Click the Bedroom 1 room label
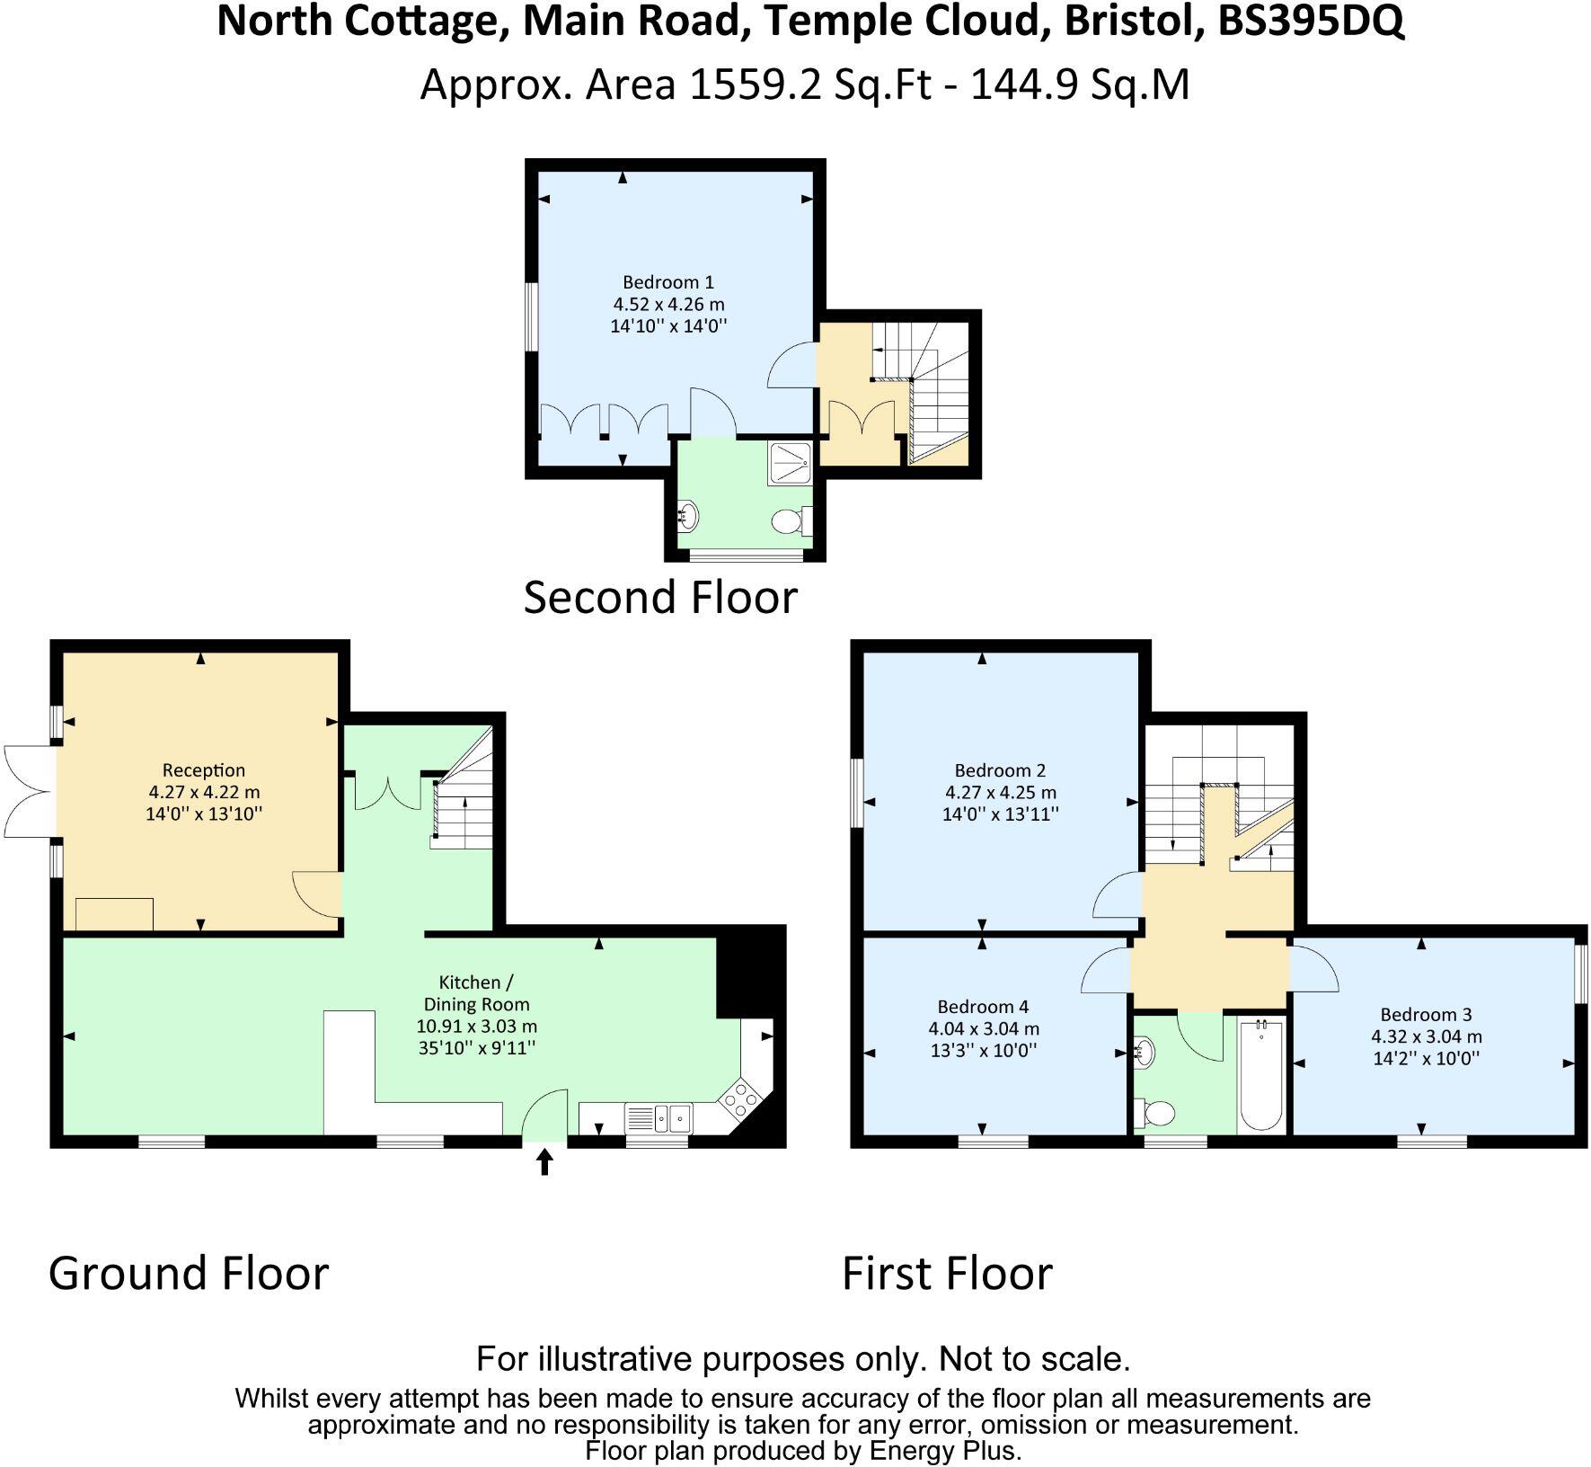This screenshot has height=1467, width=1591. point(667,282)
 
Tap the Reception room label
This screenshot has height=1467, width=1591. point(203,770)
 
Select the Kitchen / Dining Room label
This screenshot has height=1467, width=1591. point(476,993)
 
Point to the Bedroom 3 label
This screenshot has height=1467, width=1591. point(1426,1015)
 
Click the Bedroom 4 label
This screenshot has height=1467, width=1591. point(983,1007)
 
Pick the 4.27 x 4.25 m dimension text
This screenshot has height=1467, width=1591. point(1000,793)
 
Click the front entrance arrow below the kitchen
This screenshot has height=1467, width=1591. point(544,1163)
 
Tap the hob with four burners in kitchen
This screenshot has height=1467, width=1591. point(741,1098)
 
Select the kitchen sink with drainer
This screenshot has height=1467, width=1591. point(659,1118)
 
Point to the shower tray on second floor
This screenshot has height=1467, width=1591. point(790,464)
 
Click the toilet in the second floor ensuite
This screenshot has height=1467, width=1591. point(790,520)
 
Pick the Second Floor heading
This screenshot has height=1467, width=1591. point(660,598)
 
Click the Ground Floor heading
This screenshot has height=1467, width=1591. point(189,1274)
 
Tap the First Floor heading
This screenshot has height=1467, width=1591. point(947,1274)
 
